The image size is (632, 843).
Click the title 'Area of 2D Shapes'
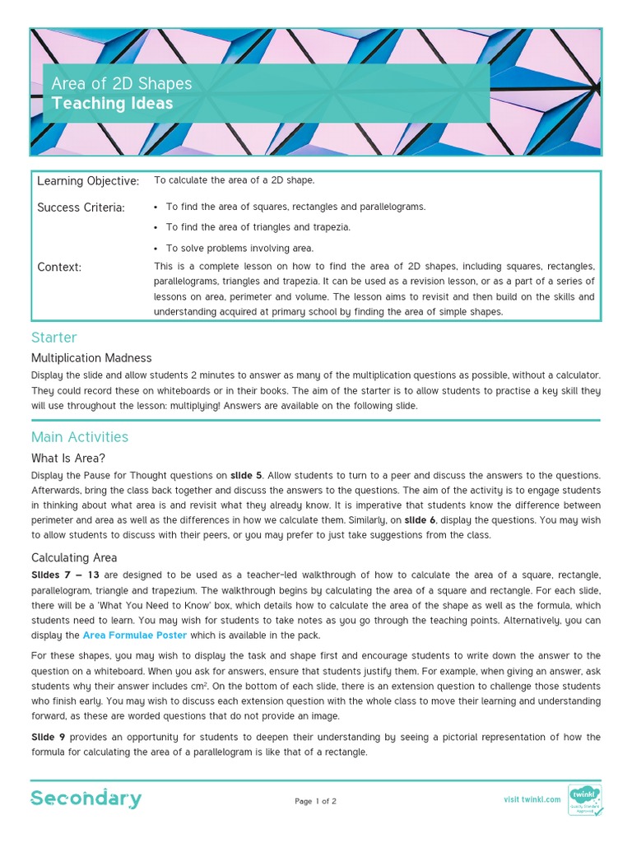click(x=121, y=84)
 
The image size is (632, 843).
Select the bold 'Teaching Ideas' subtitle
click(x=112, y=104)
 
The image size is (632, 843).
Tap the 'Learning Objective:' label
click(x=88, y=181)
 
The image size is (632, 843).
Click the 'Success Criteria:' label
click(x=81, y=207)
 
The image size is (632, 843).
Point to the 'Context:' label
click(x=59, y=267)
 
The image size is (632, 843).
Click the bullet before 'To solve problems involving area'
click(x=156, y=248)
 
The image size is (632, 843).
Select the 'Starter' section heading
click(x=53, y=338)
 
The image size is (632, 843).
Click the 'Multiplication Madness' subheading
click(x=91, y=358)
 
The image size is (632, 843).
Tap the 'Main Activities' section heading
click(x=80, y=437)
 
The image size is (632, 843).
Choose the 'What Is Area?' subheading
click(x=68, y=458)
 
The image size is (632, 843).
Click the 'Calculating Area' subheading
click(x=74, y=557)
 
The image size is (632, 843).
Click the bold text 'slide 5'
click(x=247, y=476)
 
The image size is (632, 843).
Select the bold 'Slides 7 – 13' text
click(x=66, y=575)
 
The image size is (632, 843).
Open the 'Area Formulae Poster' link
click(x=134, y=635)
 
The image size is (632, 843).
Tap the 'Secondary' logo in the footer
click(x=86, y=799)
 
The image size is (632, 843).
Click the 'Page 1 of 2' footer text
click(x=315, y=801)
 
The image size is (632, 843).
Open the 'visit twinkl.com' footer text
click(x=532, y=799)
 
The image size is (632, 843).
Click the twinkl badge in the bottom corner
click(x=585, y=799)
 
